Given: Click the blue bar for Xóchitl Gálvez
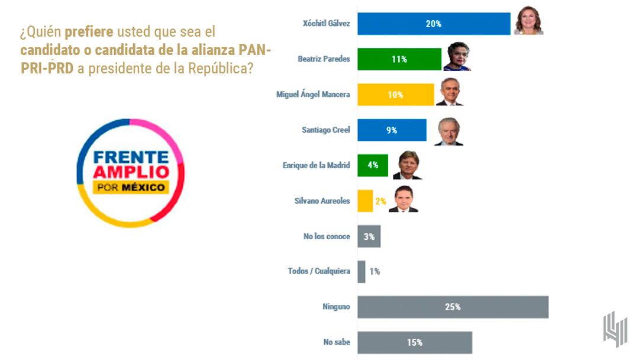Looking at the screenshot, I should point(434,24).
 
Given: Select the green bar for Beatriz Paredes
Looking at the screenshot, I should point(399,59).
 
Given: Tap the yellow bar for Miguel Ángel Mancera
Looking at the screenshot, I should point(396,95).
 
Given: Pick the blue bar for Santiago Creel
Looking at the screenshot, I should point(392,130).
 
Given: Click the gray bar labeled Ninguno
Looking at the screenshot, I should point(453,307).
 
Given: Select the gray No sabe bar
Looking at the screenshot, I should point(414,342).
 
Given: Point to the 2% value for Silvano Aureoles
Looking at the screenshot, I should point(380,201).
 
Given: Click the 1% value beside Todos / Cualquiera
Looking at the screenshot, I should point(374,272).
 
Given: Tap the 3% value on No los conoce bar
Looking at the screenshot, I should point(369,237).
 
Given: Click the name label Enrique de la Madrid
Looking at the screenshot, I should point(316,165).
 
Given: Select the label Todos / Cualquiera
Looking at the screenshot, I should point(319,271).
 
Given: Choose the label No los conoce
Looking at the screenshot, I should point(327,236).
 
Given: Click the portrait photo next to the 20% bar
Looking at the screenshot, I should point(528,21).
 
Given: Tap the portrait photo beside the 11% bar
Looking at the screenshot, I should point(457,57).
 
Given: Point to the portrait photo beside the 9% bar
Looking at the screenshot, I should point(448,131).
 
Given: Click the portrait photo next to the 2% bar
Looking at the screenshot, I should point(404,200).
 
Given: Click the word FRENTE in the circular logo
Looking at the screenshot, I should point(131,157).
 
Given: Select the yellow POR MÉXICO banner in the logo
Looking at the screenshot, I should point(131,188).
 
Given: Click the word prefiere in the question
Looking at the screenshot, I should point(89,31).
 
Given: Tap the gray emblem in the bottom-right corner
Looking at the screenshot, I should point(615,329).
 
